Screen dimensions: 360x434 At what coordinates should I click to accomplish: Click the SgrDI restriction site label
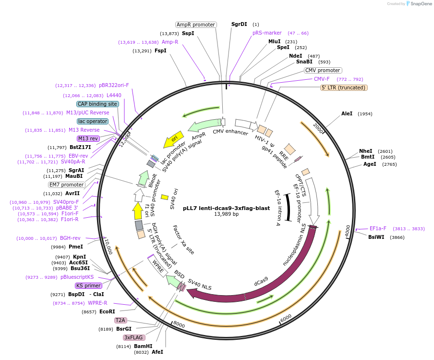pos(239,24)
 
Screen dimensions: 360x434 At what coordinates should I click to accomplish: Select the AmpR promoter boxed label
pos(196,25)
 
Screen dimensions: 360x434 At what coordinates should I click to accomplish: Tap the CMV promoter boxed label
pos(323,70)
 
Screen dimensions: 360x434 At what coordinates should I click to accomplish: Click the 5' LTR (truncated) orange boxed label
pos(344,87)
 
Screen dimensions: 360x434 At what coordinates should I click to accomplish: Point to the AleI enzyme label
pos(347,114)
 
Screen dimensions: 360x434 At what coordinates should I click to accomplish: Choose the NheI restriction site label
pos(365,151)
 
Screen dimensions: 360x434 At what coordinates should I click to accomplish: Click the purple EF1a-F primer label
pos(378,229)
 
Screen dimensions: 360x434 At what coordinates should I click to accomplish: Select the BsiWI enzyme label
pos(376,237)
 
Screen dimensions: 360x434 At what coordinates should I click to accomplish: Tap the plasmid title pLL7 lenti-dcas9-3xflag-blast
pos(219,208)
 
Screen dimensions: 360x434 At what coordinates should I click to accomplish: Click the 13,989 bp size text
pos(219,214)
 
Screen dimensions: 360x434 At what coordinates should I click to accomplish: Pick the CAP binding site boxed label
pos(97,104)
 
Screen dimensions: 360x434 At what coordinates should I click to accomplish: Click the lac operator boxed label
pos(92,121)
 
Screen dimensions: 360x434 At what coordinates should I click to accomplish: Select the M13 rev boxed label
pos(88,138)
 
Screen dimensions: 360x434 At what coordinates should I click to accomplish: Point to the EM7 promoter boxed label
pos(67,185)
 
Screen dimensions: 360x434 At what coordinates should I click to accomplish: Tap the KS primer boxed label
pos(89,286)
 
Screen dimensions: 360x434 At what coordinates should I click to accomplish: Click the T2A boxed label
pos(120,320)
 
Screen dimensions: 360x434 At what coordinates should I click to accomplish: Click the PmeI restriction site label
pos(76,247)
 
